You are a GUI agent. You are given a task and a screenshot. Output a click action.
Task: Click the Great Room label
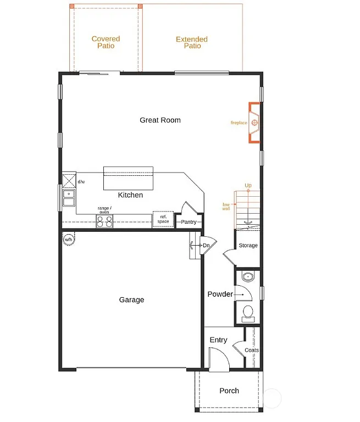[x=160, y=120]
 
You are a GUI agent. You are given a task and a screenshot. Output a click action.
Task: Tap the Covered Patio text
[x=106, y=42]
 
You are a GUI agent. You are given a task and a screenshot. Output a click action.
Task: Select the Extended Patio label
[x=192, y=42]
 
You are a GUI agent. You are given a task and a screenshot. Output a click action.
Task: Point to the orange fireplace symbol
[x=254, y=123]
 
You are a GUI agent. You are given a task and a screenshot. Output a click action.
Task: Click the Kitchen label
[x=130, y=195]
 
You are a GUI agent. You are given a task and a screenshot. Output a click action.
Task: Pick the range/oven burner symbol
[x=104, y=221]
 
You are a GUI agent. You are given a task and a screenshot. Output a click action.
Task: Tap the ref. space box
[x=163, y=219]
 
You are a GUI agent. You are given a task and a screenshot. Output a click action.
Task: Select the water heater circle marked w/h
[x=69, y=240]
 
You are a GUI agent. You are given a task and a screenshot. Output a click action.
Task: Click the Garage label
[x=132, y=299]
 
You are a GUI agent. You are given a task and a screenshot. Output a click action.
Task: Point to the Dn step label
[x=206, y=246]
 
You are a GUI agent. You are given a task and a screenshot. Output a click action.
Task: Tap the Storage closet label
[x=248, y=245]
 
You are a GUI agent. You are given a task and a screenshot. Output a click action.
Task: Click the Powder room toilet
[x=248, y=314]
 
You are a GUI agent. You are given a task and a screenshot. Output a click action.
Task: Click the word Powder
[x=220, y=294]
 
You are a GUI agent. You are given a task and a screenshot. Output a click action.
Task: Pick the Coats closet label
[x=251, y=350]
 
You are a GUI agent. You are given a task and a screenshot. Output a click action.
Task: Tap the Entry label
[x=218, y=340]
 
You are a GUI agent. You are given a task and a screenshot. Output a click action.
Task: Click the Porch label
[x=229, y=391]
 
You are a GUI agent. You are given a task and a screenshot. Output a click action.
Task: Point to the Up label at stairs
[x=248, y=186]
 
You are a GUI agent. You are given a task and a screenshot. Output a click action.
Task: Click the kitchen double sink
[x=69, y=197]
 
